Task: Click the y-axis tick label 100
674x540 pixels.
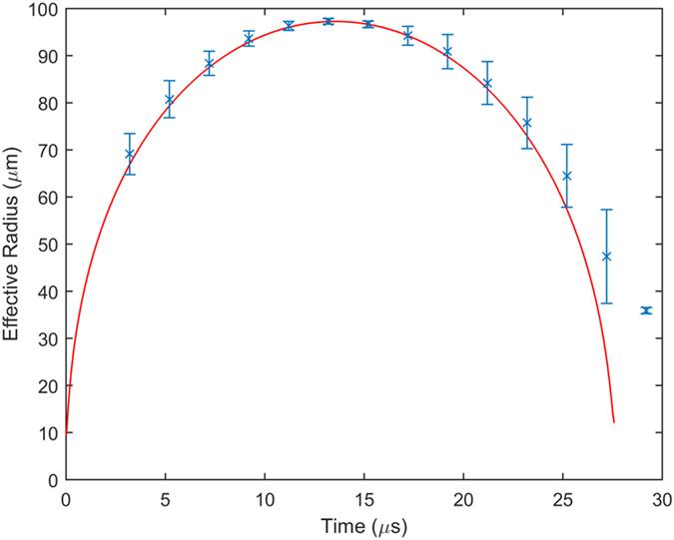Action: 44,10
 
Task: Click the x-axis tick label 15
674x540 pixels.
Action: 364,498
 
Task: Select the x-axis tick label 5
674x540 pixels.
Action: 166,498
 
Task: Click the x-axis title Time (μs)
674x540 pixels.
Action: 364,523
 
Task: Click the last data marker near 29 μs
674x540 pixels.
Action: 646,310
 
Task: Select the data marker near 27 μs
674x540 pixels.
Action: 606,257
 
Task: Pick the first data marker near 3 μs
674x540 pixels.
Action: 129,154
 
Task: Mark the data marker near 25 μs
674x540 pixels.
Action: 566,176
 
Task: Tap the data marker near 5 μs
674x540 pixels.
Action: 169,99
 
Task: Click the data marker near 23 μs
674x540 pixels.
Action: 526,123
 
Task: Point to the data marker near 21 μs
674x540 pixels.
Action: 487,83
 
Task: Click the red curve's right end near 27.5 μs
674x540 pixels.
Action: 613,422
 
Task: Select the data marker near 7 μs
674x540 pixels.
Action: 209,64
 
